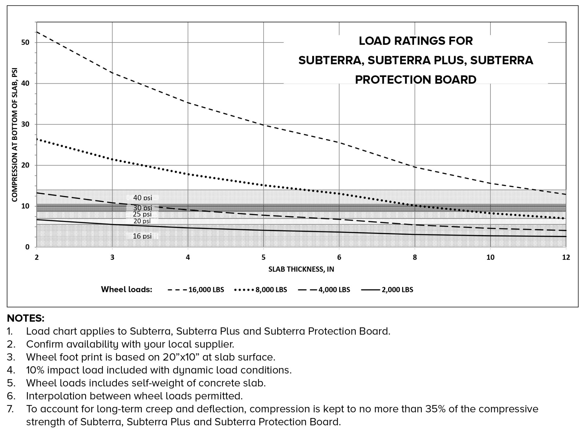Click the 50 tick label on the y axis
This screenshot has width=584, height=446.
(x=25, y=42)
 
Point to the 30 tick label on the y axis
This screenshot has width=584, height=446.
(x=25, y=125)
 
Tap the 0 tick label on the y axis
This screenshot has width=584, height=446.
(x=27, y=247)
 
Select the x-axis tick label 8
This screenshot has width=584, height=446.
(x=415, y=258)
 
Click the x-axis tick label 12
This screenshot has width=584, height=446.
(x=566, y=258)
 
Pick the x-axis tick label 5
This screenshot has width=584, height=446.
(x=263, y=258)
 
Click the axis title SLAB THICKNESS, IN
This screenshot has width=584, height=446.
(x=301, y=269)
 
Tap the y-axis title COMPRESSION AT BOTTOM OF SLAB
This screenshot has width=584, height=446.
(x=15, y=135)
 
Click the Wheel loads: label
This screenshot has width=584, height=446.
(x=127, y=290)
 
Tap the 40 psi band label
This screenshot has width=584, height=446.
(x=143, y=197)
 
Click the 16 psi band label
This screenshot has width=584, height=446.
(x=142, y=236)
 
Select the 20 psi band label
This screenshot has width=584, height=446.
(x=142, y=221)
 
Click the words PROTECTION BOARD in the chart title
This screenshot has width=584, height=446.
(x=415, y=80)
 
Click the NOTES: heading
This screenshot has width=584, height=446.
(x=26, y=318)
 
